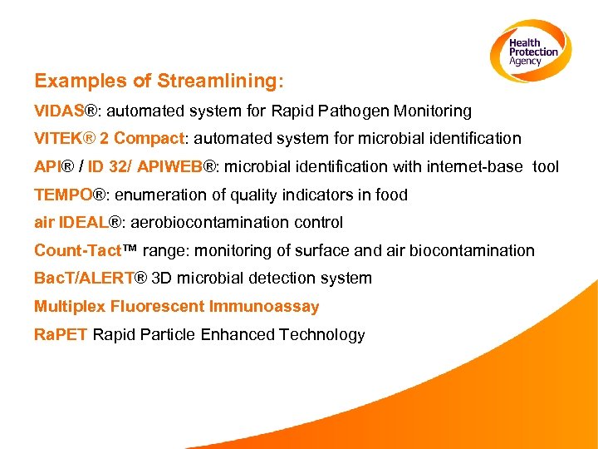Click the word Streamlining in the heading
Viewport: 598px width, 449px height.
[219, 81]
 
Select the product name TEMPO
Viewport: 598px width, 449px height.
[63, 195]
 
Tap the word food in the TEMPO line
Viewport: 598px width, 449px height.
[390, 195]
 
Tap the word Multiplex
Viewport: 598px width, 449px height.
[69, 307]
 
